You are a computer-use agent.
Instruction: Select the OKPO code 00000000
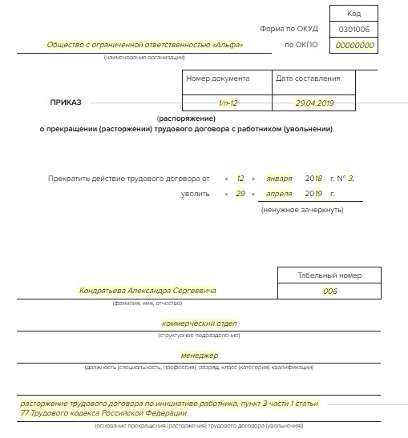[354, 46]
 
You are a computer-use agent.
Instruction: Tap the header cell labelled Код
[355, 14]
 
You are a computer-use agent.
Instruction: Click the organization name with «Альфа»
[145, 45]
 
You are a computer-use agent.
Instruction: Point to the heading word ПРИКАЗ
[66, 102]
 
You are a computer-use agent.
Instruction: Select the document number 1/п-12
[228, 103]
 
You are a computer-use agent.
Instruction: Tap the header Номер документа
[218, 78]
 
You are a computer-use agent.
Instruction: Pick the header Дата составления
[308, 78]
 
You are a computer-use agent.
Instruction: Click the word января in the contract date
[279, 177]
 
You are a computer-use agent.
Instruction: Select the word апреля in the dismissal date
[279, 194]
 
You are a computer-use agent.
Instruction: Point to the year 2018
[313, 177]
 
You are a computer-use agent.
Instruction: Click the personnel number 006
[330, 291]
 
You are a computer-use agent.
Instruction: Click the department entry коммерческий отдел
[200, 323]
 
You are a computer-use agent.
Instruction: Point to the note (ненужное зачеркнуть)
[301, 210]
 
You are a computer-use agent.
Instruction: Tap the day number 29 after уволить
[240, 194]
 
